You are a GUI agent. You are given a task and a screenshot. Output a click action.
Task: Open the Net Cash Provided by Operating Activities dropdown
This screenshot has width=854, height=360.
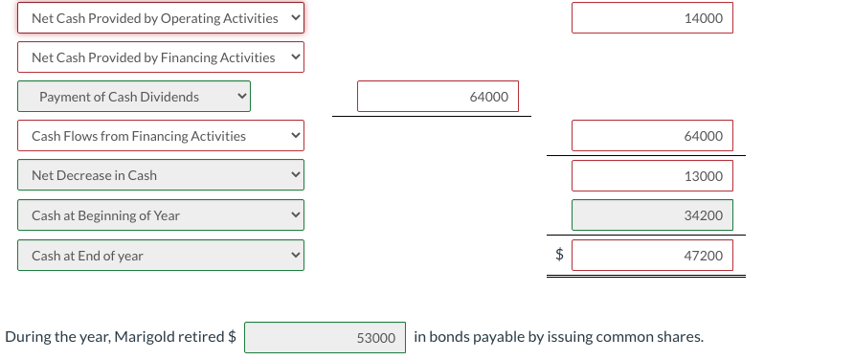pos(160,18)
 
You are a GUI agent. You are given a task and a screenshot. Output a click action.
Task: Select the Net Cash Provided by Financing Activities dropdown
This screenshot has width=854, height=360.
pos(160,57)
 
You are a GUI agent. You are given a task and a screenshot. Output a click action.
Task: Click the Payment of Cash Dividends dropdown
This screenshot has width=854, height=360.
pos(133,97)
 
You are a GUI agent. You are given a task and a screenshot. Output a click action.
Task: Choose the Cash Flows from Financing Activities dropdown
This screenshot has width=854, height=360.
pos(160,136)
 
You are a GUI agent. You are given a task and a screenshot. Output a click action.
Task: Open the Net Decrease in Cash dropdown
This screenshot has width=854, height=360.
pos(160,175)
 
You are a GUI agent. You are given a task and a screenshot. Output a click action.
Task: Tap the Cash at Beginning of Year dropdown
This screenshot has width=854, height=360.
pos(160,215)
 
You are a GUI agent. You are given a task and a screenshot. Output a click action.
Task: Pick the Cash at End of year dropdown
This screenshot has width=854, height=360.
pos(160,256)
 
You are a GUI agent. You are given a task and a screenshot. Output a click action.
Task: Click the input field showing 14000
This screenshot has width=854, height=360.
pos(652,18)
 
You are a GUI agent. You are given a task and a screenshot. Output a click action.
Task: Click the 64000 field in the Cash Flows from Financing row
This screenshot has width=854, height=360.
pos(652,136)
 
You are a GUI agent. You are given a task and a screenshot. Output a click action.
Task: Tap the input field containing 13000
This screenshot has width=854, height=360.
pos(652,176)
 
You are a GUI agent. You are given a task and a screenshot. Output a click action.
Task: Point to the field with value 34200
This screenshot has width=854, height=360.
pos(652,215)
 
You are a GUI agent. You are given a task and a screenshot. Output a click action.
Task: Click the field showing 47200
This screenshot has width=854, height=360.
pos(652,256)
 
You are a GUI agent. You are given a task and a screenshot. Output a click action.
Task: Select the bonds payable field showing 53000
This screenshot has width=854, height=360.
pos(325,338)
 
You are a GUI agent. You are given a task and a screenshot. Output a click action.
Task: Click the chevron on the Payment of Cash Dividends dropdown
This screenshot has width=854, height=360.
pos(242,96)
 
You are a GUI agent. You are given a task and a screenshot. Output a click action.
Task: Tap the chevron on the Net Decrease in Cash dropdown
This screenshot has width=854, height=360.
pos(296,175)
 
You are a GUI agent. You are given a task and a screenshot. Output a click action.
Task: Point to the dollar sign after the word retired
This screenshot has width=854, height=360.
pos(233,337)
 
